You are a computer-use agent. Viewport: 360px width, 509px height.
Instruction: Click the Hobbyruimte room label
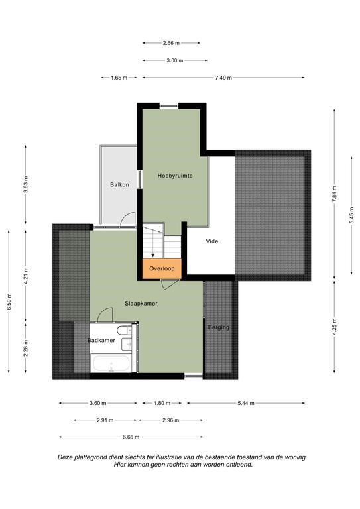pos(175,176)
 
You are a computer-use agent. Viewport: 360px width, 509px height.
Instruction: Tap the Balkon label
pos(119,185)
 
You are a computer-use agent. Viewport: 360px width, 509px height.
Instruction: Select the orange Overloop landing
pos(162,269)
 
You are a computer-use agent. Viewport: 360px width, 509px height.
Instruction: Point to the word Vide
pos(212,241)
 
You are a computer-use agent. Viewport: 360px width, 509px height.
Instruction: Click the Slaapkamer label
pos(141,304)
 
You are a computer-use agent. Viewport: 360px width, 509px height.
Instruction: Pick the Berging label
pos(219,327)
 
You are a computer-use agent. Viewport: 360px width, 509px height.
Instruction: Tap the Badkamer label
pos(101,341)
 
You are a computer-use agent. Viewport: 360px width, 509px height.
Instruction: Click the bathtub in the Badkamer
pos(111,364)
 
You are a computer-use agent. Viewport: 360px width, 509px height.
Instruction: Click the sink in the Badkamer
pos(127,344)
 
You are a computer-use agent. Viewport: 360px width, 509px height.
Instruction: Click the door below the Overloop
pos(170,284)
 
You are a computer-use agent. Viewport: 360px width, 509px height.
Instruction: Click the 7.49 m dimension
pos(223,78)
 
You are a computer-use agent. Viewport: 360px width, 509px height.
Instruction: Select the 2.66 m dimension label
pos(171,43)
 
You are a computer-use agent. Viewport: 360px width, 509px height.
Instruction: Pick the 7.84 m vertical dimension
pos(334,194)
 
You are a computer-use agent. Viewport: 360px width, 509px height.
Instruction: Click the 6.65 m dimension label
pos(131,437)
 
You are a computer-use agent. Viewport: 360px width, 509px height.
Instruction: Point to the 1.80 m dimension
pos(162,403)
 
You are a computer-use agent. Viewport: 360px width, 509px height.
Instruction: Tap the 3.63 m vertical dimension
pos(26,185)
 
